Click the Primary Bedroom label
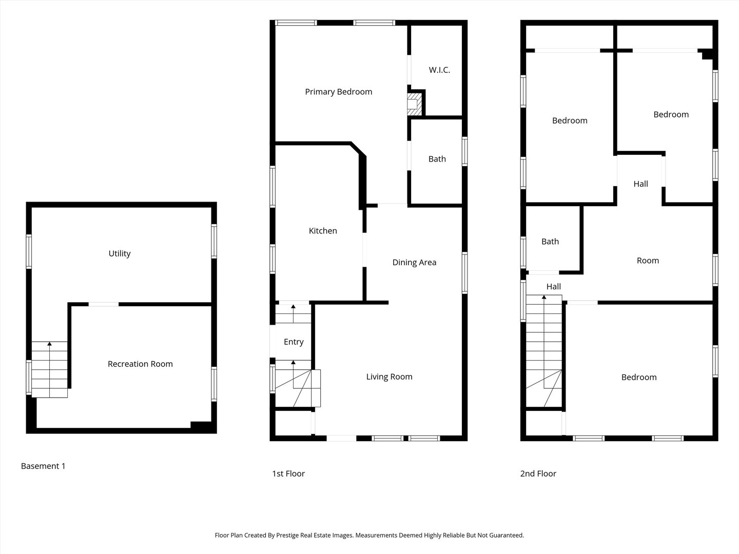pyautogui.click(x=338, y=92)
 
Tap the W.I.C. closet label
pyautogui.click(x=439, y=70)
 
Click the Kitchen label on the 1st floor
pyautogui.click(x=323, y=231)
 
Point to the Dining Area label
pyautogui.click(x=414, y=262)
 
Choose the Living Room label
pyautogui.click(x=389, y=377)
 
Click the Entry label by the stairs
pyautogui.click(x=294, y=342)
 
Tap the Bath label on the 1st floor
pyautogui.click(x=437, y=159)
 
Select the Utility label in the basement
pyautogui.click(x=120, y=253)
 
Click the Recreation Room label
pyautogui.click(x=140, y=364)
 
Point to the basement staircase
pyautogui.click(x=50, y=369)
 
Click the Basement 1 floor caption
pyautogui.click(x=43, y=466)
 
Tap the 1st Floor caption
pyautogui.click(x=288, y=473)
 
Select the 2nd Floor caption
pyautogui.click(x=538, y=473)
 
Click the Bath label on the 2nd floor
pyautogui.click(x=550, y=242)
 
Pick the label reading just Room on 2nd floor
pyautogui.click(x=648, y=261)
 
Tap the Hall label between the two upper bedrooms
pyautogui.click(x=640, y=184)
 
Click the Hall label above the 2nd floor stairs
pyautogui.click(x=553, y=287)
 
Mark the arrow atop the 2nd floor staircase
pyautogui.click(x=544, y=297)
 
